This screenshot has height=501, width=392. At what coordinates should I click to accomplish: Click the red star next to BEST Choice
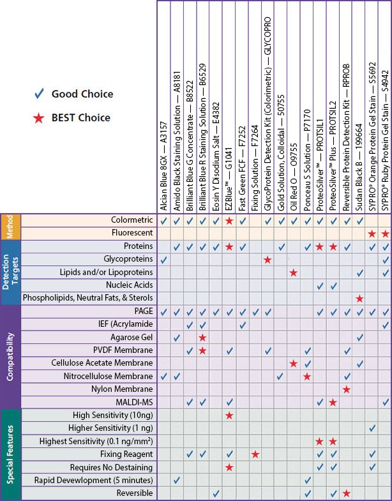pos(39,118)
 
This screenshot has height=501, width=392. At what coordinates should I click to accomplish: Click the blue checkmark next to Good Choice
pos(39,94)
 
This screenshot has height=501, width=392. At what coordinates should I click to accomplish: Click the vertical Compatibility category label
pos(10,355)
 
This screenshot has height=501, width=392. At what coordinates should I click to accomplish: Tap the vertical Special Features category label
pos(10,454)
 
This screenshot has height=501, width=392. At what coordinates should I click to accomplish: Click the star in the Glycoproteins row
pos(268,259)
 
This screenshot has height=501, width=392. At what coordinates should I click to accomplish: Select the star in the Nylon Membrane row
pos(346,389)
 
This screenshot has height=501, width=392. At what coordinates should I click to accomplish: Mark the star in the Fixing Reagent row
pos(255,454)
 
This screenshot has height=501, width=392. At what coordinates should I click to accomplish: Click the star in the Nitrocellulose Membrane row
pos(307,376)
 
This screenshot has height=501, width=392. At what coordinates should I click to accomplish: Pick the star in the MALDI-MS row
pos(333,402)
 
